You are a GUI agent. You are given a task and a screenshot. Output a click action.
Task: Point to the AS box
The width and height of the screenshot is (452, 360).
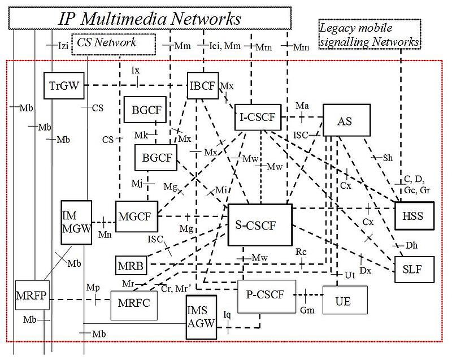(x=346, y=121)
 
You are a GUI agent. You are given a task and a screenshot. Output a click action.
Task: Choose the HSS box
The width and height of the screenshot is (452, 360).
(x=414, y=216)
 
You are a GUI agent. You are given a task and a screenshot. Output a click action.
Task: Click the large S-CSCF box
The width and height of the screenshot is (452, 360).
(x=259, y=225)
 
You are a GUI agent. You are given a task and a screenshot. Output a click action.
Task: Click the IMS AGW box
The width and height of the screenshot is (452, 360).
(x=201, y=318)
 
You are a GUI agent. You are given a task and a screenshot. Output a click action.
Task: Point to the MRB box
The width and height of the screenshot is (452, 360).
(x=131, y=264)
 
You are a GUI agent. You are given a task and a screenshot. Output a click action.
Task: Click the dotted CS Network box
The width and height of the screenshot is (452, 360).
(x=113, y=42)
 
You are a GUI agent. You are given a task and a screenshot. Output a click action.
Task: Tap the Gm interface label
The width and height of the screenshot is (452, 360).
(x=307, y=310)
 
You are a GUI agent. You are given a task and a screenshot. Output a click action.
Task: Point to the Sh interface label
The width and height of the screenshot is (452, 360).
(x=388, y=158)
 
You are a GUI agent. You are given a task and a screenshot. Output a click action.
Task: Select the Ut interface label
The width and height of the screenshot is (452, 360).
(x=349, y=275)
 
